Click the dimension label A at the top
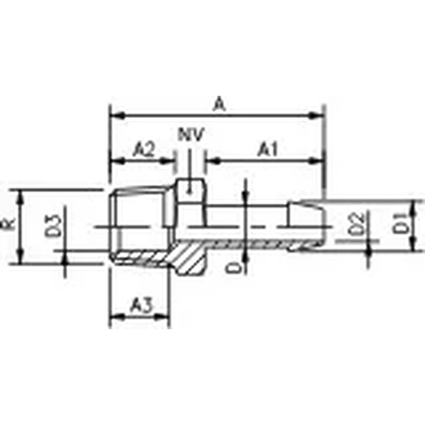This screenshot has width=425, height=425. [218, 105]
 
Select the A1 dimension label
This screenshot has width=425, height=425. [267, 150]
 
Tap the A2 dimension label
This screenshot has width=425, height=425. [142, 150]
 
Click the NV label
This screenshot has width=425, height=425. [191, 135]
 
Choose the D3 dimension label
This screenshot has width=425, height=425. [52, 225]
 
